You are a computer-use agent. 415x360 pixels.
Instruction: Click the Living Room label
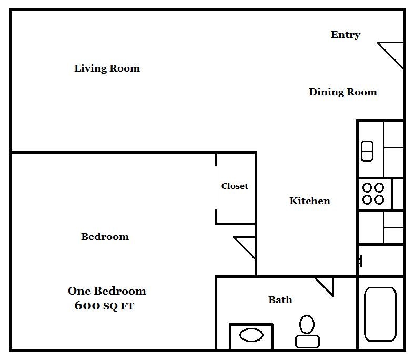pyautogui.click(x=107, y=68)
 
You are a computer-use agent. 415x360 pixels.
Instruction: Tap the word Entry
pyautogui.click(x=346, y=35)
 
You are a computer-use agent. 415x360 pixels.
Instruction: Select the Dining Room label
pyautogui.click(x=343, y=92)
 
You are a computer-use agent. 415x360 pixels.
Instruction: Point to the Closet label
pyautogui.click(x=235, y=186)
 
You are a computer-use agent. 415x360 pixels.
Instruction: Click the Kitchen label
pyautogui.click(x=310, y=201)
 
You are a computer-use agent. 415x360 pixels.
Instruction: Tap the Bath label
pyautogui.click(x=280, y=300)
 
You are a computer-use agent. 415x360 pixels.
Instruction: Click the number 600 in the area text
pyautogui.click(x=87, y=305)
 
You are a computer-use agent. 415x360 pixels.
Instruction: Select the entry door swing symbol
pyautogui.click(x=390, y=55)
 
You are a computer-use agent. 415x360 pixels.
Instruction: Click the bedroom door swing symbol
pyautogui.click(x=244, y=248)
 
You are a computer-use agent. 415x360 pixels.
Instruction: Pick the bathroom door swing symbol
pyautogui.click(x=325, y=286)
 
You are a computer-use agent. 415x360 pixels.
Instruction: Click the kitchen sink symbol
pyautogui.click(x=367, y=151)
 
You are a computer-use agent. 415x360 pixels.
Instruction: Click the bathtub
pyautogui.click(x=380, y=314)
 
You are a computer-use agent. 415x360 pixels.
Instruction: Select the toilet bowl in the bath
pyautogui.click(x=307, y=324)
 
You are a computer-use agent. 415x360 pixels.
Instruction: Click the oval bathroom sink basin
pyautogui.click(x=251, y=335)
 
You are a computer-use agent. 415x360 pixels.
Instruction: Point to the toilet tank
pyautogui.click(x=307, y=342)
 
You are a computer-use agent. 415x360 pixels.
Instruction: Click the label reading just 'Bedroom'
pyautogui.click(x=105, y=236)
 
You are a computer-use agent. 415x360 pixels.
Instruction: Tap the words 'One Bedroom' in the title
pyautogui.click(x=107, y=291)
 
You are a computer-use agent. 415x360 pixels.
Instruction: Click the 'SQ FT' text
pyautogui.click(x=118, y=306)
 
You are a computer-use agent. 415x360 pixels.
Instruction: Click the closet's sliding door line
pyautogui.click(x=216, y=188)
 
